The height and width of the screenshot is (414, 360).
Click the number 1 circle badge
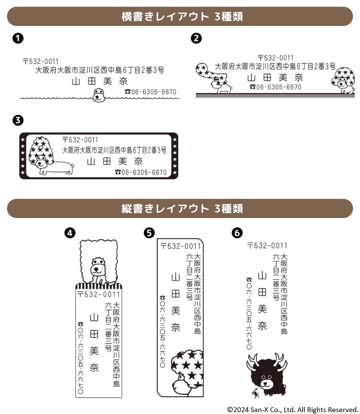pos(18,38)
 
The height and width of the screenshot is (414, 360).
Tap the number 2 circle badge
pos(196,38)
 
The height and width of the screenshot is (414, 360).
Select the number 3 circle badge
pos(18,121)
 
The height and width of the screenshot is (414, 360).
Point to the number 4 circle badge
pos(70,233)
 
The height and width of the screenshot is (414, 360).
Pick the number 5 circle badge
pos(149,233)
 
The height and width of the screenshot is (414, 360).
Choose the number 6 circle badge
pos(237,233)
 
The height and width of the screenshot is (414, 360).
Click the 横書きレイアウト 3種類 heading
pos(182,16)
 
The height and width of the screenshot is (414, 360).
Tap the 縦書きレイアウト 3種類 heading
pos(182,208)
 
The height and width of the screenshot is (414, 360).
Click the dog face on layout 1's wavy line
pos(99,95)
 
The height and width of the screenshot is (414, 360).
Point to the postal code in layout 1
pos(41,61)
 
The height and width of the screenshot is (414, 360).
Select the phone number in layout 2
pos(275,87)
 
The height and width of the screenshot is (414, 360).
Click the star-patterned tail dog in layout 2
pos(213,78)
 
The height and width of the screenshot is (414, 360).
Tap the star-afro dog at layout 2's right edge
pos(343,81)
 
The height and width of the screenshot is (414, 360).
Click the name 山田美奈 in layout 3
pos(115,161)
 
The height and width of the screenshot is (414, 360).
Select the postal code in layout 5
pos(181,246)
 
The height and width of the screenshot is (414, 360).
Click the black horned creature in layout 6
pos(267,375)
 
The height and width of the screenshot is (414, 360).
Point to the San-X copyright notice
pos(292,410)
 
